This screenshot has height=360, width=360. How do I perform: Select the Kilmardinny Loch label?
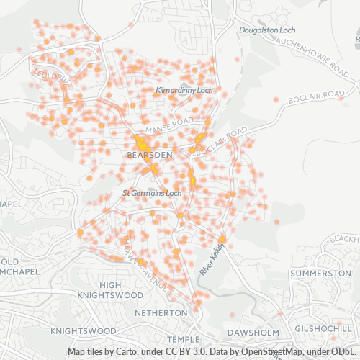point(184,91)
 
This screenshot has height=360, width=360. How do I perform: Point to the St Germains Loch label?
point(150,193)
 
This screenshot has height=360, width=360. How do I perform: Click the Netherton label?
point(161,314)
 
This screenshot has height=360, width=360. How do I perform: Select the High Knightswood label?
point(110,290)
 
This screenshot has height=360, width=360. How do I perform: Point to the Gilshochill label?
point(328,328)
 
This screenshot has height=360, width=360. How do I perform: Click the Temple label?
point(181,339)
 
